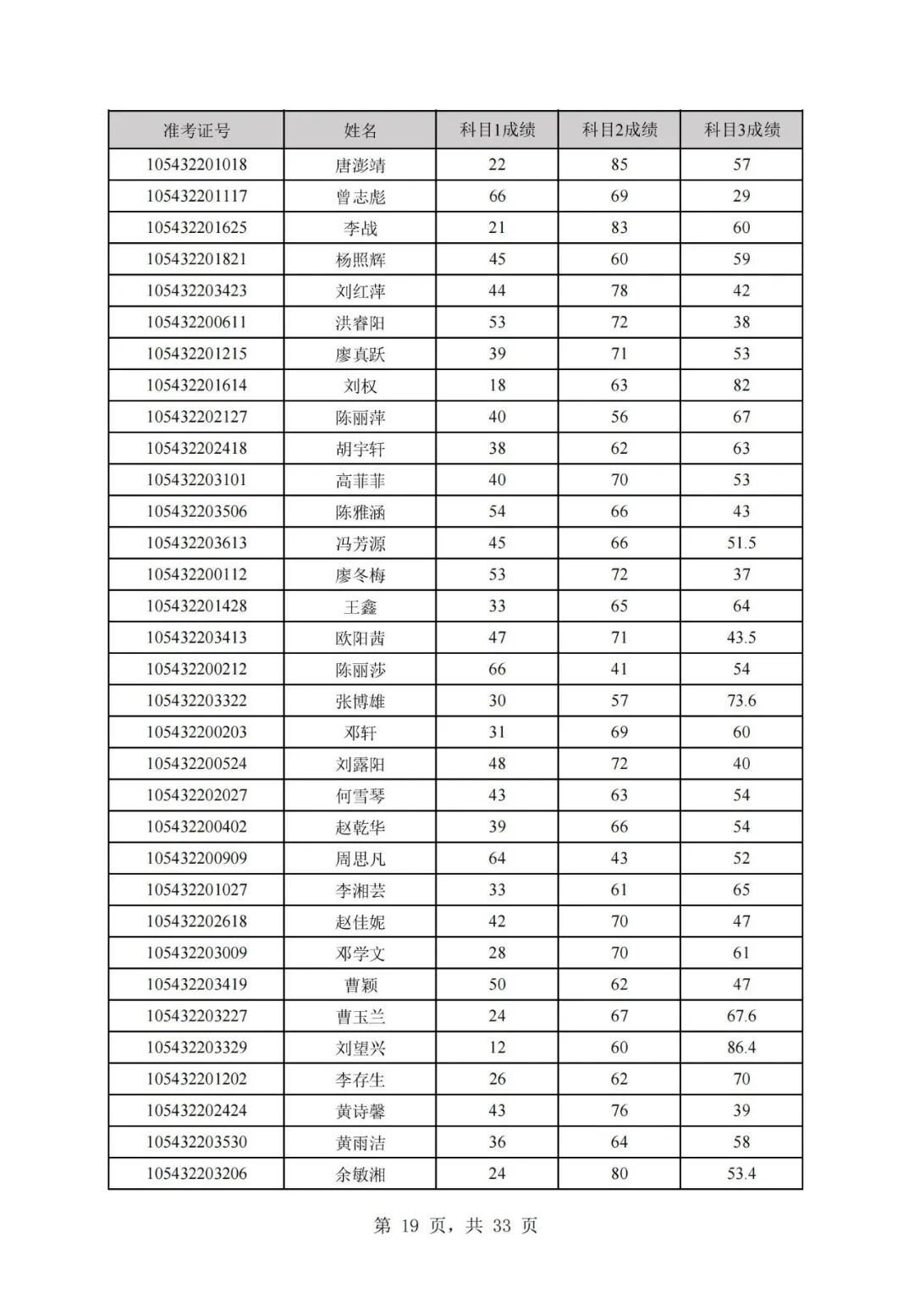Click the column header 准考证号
196,130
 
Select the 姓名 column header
361,130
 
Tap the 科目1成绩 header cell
497,130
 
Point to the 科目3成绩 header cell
741,130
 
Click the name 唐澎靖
361,165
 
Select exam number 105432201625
196,228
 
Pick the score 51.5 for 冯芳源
741,543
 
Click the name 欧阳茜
361,638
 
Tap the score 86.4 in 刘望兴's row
741,1048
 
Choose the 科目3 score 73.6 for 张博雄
741,701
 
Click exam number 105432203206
196,1174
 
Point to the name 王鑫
361,606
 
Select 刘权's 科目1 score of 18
497,385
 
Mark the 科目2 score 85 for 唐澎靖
619,165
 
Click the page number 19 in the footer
410,1226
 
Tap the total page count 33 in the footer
502,1226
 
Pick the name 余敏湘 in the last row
361,1174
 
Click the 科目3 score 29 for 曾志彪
741,196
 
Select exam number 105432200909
196,859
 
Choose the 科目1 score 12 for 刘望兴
497,1048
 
